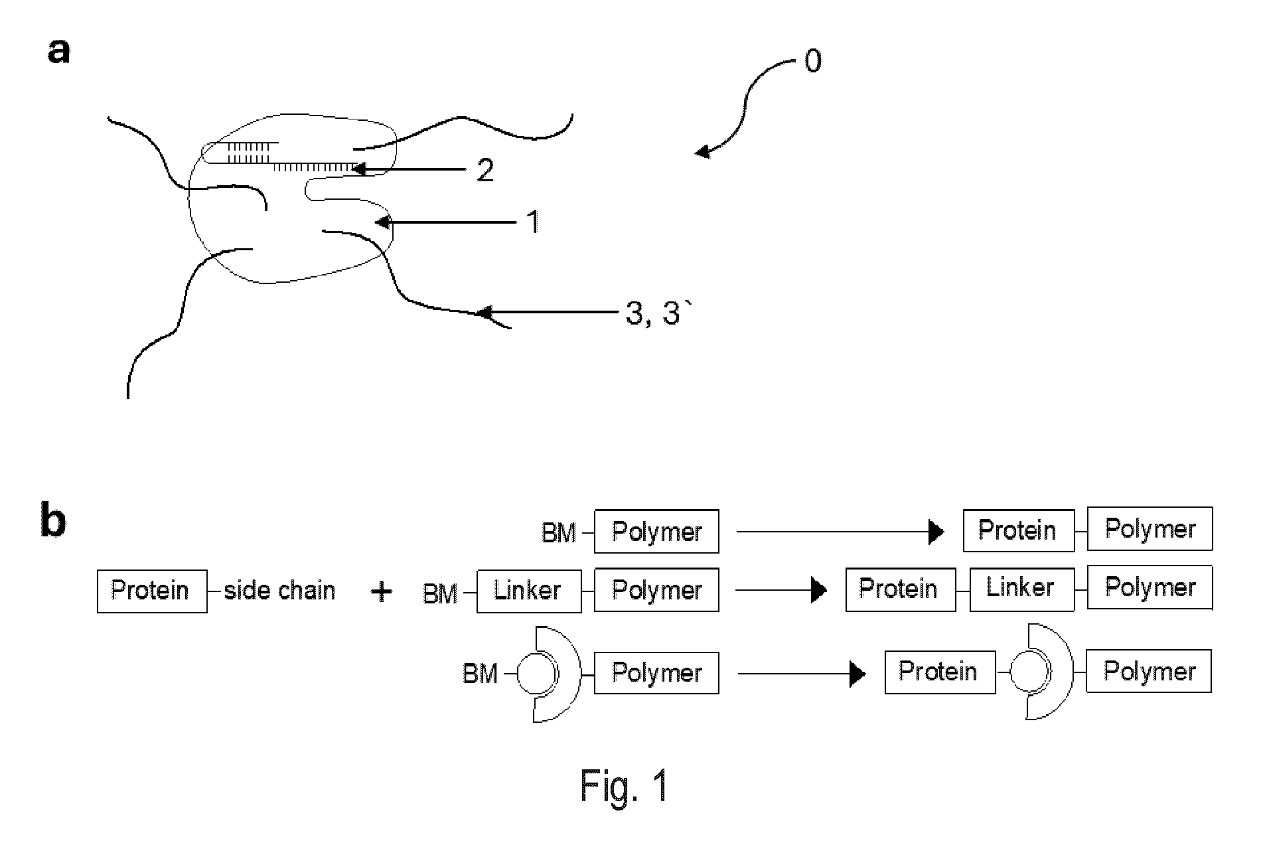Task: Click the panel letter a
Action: [x=59, y=51]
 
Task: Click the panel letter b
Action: [x=54, y=521]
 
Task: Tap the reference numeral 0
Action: [x=813, y=62]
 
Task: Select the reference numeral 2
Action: [x=486, y=171]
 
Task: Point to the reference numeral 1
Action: [x=533, y=222]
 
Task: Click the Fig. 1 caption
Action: [x=625, y=787]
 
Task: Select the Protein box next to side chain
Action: [x=152, y=590]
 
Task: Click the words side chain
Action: [x=279, y=590]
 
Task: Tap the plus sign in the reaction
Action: [x=382, y=591]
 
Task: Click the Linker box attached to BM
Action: [x=529, y=590]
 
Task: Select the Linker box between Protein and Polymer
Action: [x=1022, y=588]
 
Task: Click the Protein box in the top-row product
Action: [x=1019, y=530]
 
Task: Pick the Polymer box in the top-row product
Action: [x=1150, y=529]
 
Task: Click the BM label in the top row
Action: [x=559, y=533]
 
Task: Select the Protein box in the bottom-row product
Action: [x=940, y=672]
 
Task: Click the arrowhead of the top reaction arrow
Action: [x=936, y=532]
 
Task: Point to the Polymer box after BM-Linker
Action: [x=656, y=590]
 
